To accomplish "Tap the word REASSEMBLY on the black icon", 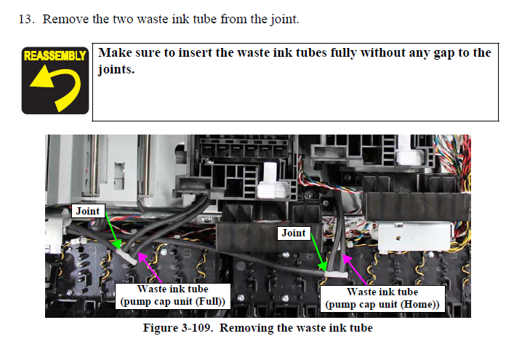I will click(55, 55).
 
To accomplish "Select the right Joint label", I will click(294, 233).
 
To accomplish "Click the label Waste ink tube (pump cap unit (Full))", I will click(172, 295).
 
